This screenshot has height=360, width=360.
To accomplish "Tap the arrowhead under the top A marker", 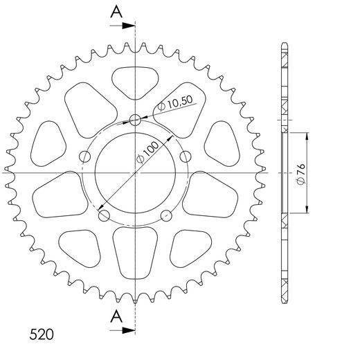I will [x=129, y=26].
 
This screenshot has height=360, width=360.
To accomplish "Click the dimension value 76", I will [x=303, y=170].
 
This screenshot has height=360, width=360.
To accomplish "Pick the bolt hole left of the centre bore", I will [x=86, y=156].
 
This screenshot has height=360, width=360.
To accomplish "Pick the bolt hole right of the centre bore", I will [x=185, y=156].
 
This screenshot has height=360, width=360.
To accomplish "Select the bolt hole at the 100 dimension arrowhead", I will [x=105, y=215].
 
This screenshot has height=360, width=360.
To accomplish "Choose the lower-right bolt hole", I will [x=166, y=215].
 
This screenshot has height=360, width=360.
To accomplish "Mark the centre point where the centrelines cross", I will [x=135, y=172].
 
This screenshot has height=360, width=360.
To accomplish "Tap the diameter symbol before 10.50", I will [x=161, y=107].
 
